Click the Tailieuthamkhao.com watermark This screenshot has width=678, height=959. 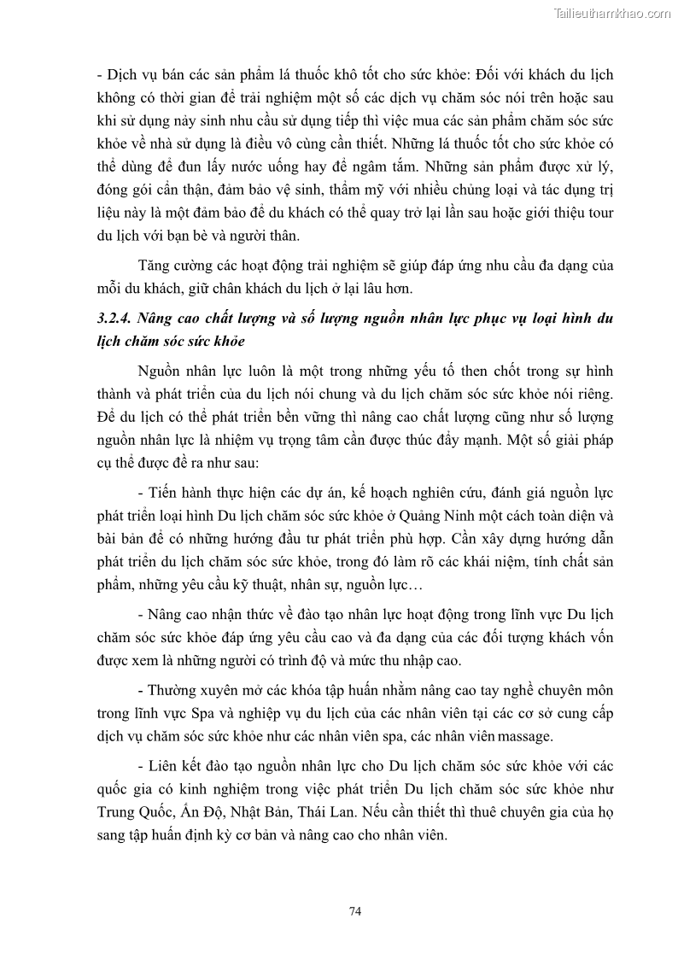point(612,13)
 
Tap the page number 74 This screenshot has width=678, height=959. point(356,911)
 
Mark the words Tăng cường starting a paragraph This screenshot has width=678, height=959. point(170,266)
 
